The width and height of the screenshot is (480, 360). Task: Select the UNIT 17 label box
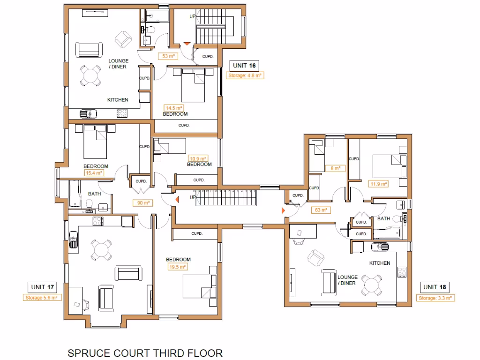pos(42,287)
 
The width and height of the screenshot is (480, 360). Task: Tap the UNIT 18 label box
pos(436,287)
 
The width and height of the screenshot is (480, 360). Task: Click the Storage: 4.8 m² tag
pos(245,75)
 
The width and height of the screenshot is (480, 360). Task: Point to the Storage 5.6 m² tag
pos(42,297)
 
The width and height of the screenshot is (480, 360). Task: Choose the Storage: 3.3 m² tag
pos(436,298)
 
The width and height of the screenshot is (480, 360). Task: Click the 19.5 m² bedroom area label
pos(178,267)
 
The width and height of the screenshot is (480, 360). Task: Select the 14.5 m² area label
pos(173,108)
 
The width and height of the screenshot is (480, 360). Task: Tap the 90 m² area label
pos(143,203)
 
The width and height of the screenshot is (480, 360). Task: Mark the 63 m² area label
pos(320,210)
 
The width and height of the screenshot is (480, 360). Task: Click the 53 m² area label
pos(168,56)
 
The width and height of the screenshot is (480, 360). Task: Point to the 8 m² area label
pos(336,168)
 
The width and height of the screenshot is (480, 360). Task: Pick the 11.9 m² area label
pos(378,184)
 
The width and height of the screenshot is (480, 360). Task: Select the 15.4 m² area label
pos(94,172)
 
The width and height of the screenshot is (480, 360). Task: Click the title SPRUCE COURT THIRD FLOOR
pos(145,353)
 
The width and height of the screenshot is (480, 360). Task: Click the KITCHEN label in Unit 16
pos(118,100)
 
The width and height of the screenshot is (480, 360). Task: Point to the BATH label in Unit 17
pos(94,194)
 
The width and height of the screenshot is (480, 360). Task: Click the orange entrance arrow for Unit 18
pos(283,211)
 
